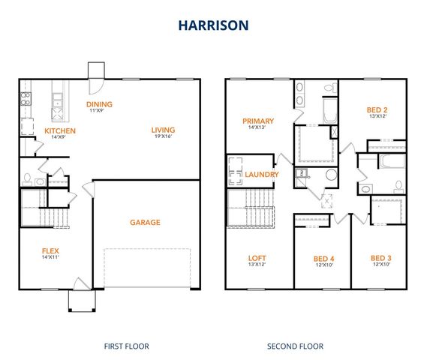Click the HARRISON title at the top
[213, 25]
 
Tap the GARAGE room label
[145, 222]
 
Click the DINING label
[99, 104]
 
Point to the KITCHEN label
[60, 130]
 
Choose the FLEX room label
[50, 250]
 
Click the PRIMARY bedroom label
[257, 121]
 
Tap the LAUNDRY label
[262, 175]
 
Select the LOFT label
[257, 257]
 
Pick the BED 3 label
[380, 257]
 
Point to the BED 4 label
[323, 259]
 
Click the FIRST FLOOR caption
[126, 346]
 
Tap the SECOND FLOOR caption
[296, 346]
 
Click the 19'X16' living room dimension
[162, 136]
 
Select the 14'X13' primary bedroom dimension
[257, 128]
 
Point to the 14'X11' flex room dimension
[50, 258]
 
